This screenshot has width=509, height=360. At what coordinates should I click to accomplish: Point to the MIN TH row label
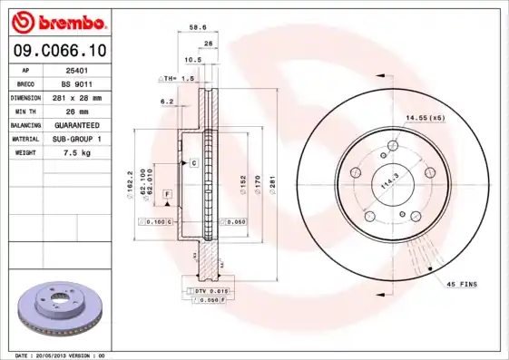(25, 111)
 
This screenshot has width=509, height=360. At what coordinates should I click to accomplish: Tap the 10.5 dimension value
(192, 61)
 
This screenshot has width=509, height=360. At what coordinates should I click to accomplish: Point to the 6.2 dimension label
(167, 102)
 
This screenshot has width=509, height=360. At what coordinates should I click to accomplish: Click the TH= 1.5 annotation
(179, 79)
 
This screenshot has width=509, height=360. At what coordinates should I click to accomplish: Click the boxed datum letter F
(168, 195)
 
